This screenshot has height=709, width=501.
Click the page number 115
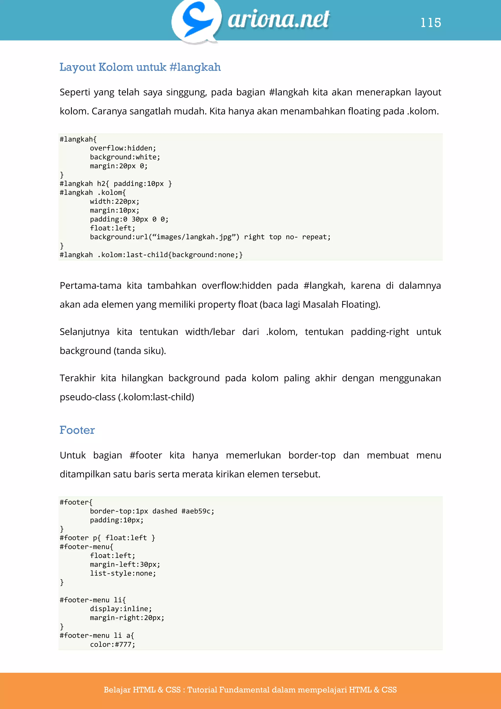[x=431, y=23]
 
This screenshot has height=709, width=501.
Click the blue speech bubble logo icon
[x=196, y=20]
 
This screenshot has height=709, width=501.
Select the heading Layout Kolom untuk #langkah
[x=140, y=67]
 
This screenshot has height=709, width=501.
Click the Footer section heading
[x=77, y=430]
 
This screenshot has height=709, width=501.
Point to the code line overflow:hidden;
[x=123, y=148]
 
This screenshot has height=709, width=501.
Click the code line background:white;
[x=125, y=157]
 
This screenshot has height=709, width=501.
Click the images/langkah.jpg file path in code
[x=194, y=237]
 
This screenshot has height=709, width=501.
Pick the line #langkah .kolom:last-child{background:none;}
[x=151, y=255]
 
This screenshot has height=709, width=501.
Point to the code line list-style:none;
[x=123, y=573]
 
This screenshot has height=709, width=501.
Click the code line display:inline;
[x=121, y=609]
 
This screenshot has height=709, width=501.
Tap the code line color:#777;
[x=112, y=644]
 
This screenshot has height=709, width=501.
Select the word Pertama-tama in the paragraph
[x=90, y=286]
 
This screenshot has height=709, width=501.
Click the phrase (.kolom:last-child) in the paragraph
[x=156, y=397]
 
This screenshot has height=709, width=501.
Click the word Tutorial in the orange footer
[x=202, y=690]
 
